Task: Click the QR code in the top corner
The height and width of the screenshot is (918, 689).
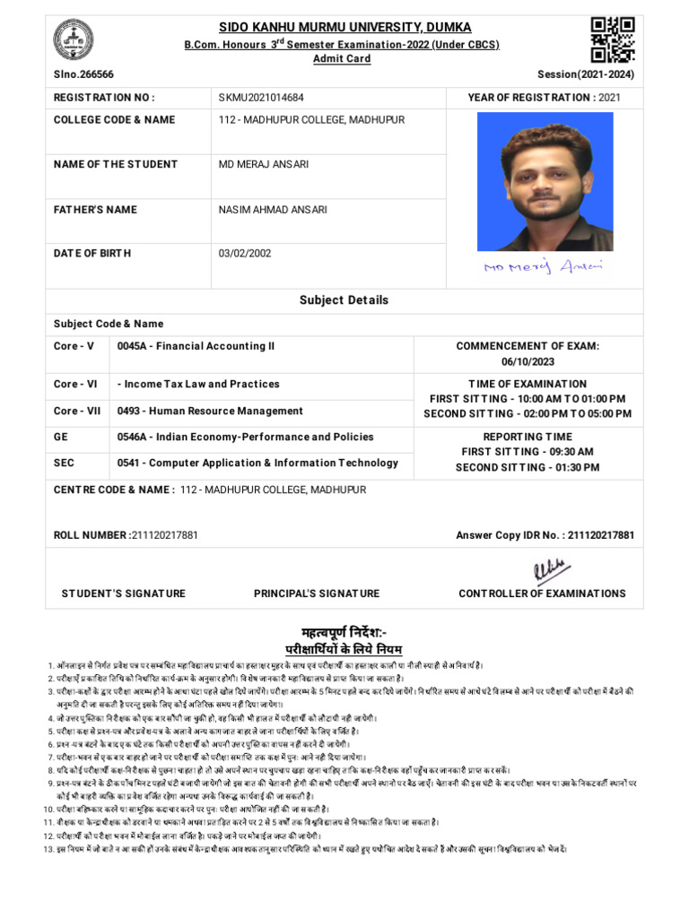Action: tap(613, 39)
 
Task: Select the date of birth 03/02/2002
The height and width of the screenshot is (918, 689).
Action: tap(245, 254)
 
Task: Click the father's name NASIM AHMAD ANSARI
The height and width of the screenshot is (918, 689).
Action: tap(273, 210)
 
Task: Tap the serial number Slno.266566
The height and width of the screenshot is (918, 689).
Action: tap(83, 75)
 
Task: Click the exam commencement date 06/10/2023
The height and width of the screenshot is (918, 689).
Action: tap(528, 360)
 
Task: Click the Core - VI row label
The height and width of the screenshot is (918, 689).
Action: tap(75, 384)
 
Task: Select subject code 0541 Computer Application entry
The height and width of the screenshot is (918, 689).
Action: tap(257, 463)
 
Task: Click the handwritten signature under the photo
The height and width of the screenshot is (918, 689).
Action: tap(544, 266)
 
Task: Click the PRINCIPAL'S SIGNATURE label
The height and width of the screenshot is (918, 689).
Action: tap(317, 593)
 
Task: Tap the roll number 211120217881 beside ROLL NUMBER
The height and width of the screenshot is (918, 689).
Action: tap(164, 535)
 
